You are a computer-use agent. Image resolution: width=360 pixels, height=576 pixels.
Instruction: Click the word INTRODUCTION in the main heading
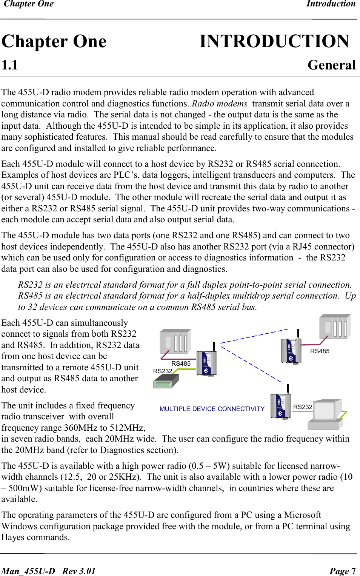coord(274,42)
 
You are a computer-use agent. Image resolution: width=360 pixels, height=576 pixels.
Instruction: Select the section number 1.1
coord(10,65)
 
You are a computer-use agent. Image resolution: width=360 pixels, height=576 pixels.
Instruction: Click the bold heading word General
coord(332,65)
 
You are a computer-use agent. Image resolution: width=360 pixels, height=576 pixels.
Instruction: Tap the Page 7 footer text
coord(342,571)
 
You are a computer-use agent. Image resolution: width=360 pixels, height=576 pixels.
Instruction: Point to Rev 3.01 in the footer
coord(79,571)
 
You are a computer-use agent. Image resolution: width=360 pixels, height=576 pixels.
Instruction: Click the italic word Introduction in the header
coord(331,4)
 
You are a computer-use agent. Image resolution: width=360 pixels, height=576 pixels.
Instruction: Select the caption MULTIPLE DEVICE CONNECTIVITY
coord(212,409)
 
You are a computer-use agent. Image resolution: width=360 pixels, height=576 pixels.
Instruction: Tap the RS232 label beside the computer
coord(303,407)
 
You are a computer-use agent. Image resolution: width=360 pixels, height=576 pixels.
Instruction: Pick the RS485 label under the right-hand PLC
coord(320,351)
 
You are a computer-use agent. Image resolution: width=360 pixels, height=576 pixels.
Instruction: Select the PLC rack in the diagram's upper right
coord(335,327)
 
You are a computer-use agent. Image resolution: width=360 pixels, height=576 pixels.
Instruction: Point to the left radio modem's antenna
coord(214,347)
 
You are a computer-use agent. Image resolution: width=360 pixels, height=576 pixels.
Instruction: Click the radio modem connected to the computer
coord(280,406)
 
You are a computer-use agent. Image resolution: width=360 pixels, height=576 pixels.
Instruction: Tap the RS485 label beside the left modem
coord(181,363)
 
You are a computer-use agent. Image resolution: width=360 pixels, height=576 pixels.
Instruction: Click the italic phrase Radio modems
coord(220,103)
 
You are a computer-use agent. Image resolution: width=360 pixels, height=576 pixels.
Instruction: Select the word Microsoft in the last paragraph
coord(302,515)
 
